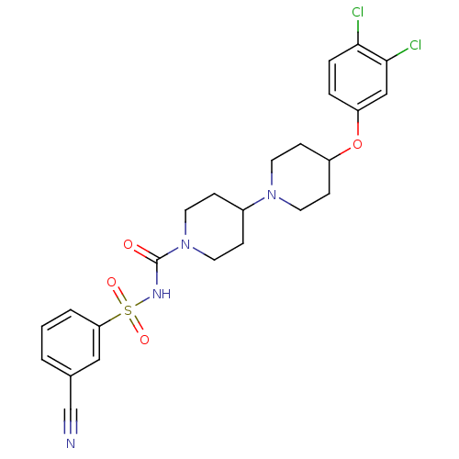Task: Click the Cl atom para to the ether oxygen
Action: tap(357, 13)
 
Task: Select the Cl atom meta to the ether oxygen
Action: tap(415, 45)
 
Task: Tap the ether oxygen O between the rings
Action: tap(357, 144)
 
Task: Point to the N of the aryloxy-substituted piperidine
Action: tap(272, 195)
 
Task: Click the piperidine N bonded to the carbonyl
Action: tap(185, 244)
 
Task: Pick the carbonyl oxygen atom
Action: tap(129, 244)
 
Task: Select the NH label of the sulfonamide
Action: tap(162, 294)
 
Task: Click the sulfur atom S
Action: tap(128, 310)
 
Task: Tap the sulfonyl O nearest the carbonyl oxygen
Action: tap(112, 282)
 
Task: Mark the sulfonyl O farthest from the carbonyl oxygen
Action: tap(144, 340)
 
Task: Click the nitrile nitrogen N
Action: tap(71, 443)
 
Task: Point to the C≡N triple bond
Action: tap(71, 421)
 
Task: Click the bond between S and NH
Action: tap(142, 302)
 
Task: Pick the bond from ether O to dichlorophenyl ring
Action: tap(358, 123)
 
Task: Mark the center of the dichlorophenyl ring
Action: tap(358, 77)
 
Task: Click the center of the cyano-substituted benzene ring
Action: tap(71, 342)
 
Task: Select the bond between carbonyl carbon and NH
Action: tap(157, 274)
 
